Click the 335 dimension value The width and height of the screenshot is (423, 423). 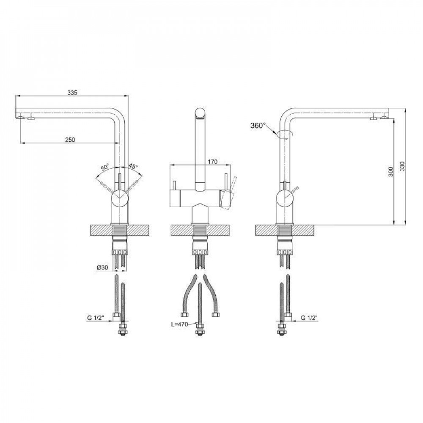[72, 93]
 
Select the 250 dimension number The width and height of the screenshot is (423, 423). [70, 140]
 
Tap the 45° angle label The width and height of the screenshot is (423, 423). [133, 166]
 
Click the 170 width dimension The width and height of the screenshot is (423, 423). [213, 162]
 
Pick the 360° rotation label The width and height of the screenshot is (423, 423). [258, 126]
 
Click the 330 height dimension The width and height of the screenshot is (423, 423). [402, 167]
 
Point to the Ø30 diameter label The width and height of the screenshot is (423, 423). [102, 267]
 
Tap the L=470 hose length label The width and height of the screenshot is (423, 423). [179, 324]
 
